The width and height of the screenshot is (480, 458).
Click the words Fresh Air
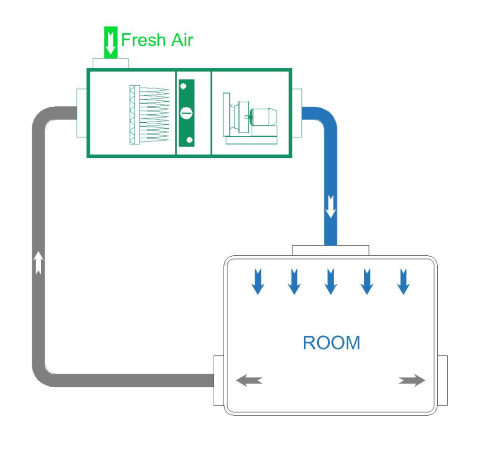click(157, 40)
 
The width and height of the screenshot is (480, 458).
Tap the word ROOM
click(331, 343)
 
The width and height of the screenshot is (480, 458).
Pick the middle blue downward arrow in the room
click(330, 281)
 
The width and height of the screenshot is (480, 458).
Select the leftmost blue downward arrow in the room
click(258, 281)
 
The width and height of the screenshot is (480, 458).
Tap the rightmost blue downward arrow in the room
click(403, 281)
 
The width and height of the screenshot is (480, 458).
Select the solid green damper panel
click(186, 113)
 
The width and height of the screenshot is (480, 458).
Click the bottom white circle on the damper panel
click(189, 140)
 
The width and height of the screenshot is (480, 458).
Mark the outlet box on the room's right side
click(442, 380)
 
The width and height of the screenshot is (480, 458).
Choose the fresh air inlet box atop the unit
click(111, 63)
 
